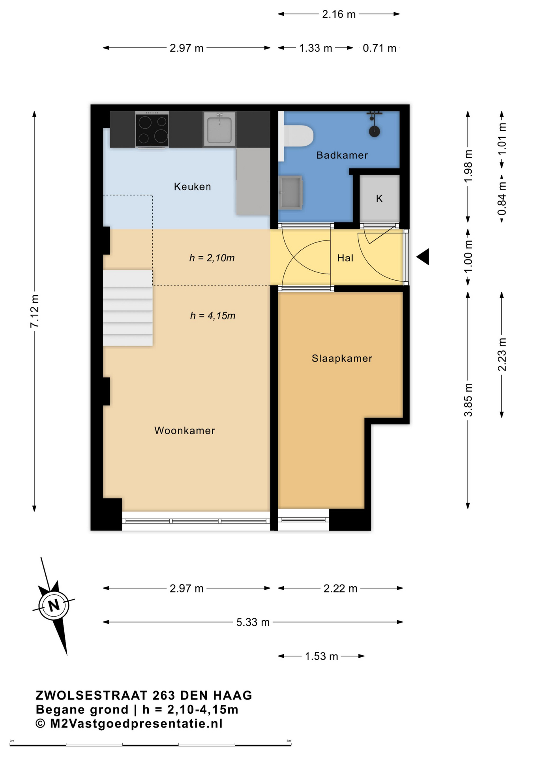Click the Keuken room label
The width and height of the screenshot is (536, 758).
192,187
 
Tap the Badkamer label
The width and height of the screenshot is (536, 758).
342,155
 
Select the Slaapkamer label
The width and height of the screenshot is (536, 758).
342,358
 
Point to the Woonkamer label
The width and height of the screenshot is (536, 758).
184,430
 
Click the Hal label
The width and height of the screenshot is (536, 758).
345,258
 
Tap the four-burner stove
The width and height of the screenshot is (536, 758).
152,129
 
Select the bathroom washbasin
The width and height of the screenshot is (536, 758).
290,193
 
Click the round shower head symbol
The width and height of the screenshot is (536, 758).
374,131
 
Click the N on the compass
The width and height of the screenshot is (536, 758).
54,605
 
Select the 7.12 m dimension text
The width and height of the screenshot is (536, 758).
35,311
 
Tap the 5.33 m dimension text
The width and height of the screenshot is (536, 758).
253,622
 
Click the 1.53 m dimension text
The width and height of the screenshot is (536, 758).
321,656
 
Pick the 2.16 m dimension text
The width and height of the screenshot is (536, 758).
339,14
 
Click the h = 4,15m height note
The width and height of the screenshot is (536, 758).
213,316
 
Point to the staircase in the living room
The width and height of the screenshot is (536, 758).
128,308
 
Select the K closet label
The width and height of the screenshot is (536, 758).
379,199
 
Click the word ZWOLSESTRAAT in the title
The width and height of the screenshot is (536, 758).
92,695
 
